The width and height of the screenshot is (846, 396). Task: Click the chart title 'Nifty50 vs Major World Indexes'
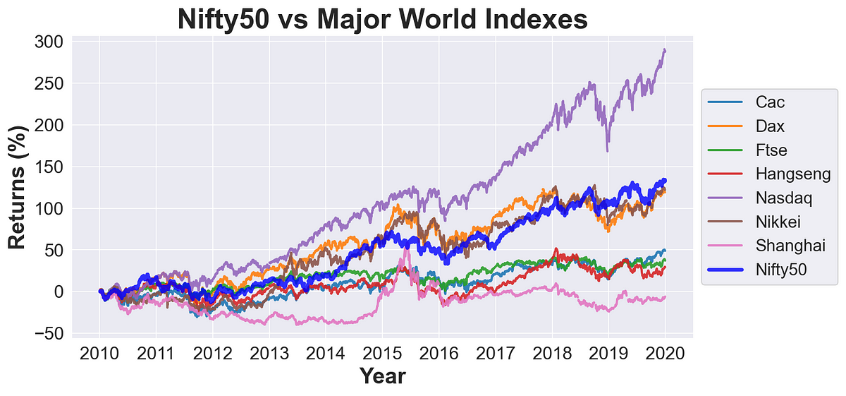coord(382,18)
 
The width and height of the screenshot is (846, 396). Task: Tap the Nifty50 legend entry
coord(782,269)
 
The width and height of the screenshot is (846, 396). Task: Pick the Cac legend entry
coord(770,102)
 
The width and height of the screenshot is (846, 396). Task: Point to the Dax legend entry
coord(770,126)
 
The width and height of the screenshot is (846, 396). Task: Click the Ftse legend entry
coord(772,150)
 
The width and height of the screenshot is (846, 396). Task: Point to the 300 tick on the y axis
coord(47,42)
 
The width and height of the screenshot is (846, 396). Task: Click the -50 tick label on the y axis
coord(47,333)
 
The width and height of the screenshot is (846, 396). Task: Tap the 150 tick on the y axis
coord(47,167)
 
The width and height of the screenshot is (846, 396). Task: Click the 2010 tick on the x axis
coord(99,353)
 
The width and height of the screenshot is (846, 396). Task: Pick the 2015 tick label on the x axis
coord(382,353)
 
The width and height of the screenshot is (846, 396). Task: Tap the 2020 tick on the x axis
coord(665,353)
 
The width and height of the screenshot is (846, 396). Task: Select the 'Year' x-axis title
coord(382,377)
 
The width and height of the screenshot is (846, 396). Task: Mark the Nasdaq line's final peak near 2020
coord(664,50)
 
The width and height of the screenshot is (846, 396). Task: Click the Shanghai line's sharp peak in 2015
coord(406,249)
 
